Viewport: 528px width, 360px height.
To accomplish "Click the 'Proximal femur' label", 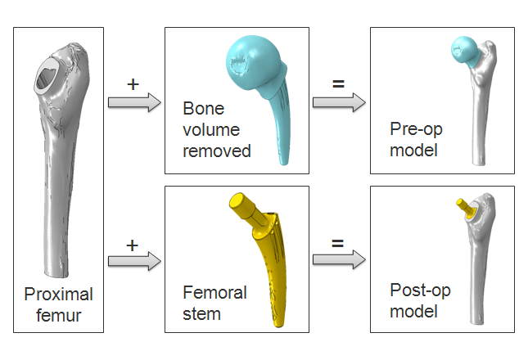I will (x=58, y=304).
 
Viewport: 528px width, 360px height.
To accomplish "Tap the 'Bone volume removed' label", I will (x=216, y=129).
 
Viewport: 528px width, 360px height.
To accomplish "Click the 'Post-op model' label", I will (x=420, y=301).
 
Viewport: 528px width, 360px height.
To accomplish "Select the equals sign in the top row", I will (x=336, y=83).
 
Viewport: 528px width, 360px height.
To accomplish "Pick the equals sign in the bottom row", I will (x=336, y=244).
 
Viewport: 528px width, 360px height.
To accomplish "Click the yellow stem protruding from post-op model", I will (x=464, y=207).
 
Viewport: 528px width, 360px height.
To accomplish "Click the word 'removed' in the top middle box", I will (x=216, y=151).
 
